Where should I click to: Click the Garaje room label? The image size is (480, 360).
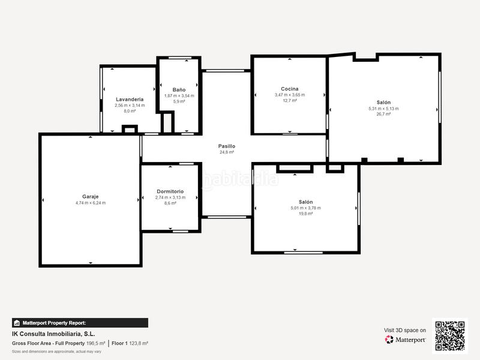pyautogui.click(x=90, y=196)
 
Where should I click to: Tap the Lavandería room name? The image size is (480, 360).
pyautogui.click(x=130, y=99)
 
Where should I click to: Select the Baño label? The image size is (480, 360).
pyautogui.click(x=179, y=89)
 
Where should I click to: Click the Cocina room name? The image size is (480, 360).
pyautogui.click(x=290, y=89)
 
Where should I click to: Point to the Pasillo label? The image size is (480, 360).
pyautogui.click(x=227, y=146)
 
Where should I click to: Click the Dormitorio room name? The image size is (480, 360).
pyautogui.click(x=170, y=191)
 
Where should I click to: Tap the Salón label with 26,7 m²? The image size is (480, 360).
pyautogui.click(x=383, y=103)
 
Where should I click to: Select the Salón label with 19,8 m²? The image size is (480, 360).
pyautogui.click(x=305, y=202)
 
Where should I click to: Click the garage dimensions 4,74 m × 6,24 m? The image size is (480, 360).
pyautogui.click(x=90, y=203)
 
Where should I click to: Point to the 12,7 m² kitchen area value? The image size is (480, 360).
pyautogui.click(x=290, y=101)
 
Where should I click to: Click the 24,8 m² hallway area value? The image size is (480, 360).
pyautogui.click(x=227, y=152)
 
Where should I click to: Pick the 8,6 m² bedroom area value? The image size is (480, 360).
pyautogui.click(x=170, y=203)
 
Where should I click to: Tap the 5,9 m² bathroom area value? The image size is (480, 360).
pyautogui.click(x=179, y=101)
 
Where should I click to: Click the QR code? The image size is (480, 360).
pyautogui.click(x=449, y=336)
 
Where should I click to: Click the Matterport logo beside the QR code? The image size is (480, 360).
pyautogui.click(x=406, y=340)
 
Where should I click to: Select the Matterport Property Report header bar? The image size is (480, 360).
pyautogui.click(x=80, y=323)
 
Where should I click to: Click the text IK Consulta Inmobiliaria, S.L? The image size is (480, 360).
pyautogui.click(x=53, y=334)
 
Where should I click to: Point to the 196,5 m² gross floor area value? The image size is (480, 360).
pyautogui.click(x=95, y=343)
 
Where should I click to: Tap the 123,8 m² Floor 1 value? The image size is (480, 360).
pyautogui.click(x=138, y=343)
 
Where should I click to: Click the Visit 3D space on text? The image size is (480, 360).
pyautogui.click(x=405, y=330)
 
